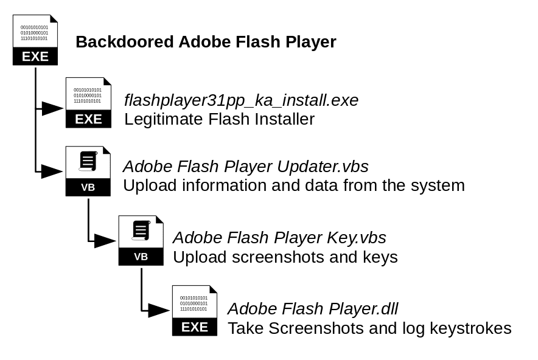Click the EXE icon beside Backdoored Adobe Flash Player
click(35, 40)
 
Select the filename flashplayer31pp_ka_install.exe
click(241, 100)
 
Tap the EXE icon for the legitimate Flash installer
click(88, 103)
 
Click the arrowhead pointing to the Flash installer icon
click(53, 109)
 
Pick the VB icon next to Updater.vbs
click(88, 171)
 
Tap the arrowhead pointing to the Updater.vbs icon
click(53, 171)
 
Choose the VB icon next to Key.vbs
click(141, 240)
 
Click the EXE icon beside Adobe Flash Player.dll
click(194, 310)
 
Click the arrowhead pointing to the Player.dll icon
click(159, 311)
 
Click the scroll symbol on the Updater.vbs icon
click(88, 161)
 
